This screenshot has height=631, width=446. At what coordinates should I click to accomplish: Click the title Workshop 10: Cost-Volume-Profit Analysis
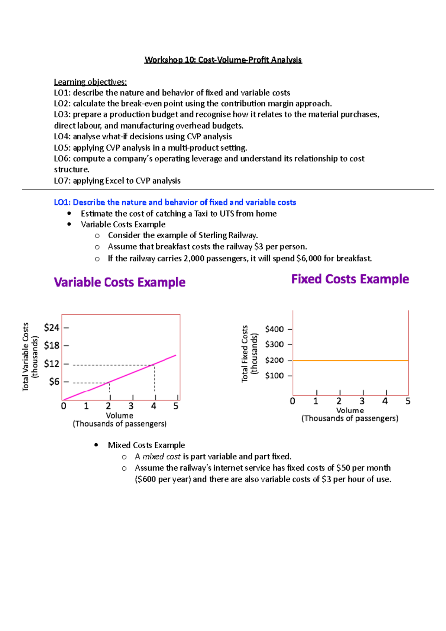(223, 60)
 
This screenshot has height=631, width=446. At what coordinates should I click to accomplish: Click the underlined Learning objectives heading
(90, 82)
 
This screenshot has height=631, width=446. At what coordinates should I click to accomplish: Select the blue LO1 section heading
(175, 203)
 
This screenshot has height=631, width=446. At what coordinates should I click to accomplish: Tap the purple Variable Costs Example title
(119, 282)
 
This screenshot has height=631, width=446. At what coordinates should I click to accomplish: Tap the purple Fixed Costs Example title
(350, 279)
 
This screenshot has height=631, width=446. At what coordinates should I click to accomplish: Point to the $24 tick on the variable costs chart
(52, 328)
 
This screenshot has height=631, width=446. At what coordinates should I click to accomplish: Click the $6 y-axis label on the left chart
(54, 382)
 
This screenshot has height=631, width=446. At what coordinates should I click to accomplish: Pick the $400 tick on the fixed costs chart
(274, 329)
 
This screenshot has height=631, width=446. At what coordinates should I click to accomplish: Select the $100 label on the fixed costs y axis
(274, 376)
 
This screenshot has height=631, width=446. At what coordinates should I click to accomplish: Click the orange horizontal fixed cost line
(350, 360)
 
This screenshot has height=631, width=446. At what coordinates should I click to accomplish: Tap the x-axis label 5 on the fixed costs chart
(408, 401)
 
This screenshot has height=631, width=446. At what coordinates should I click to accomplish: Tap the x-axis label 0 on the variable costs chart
(64, 406)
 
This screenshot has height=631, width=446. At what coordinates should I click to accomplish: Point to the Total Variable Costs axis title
(26, 357)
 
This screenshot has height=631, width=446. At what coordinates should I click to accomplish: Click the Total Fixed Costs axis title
(245, 354)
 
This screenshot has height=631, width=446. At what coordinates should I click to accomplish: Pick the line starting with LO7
(117, 181)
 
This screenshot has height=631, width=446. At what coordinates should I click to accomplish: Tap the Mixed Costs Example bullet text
(146, 445)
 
